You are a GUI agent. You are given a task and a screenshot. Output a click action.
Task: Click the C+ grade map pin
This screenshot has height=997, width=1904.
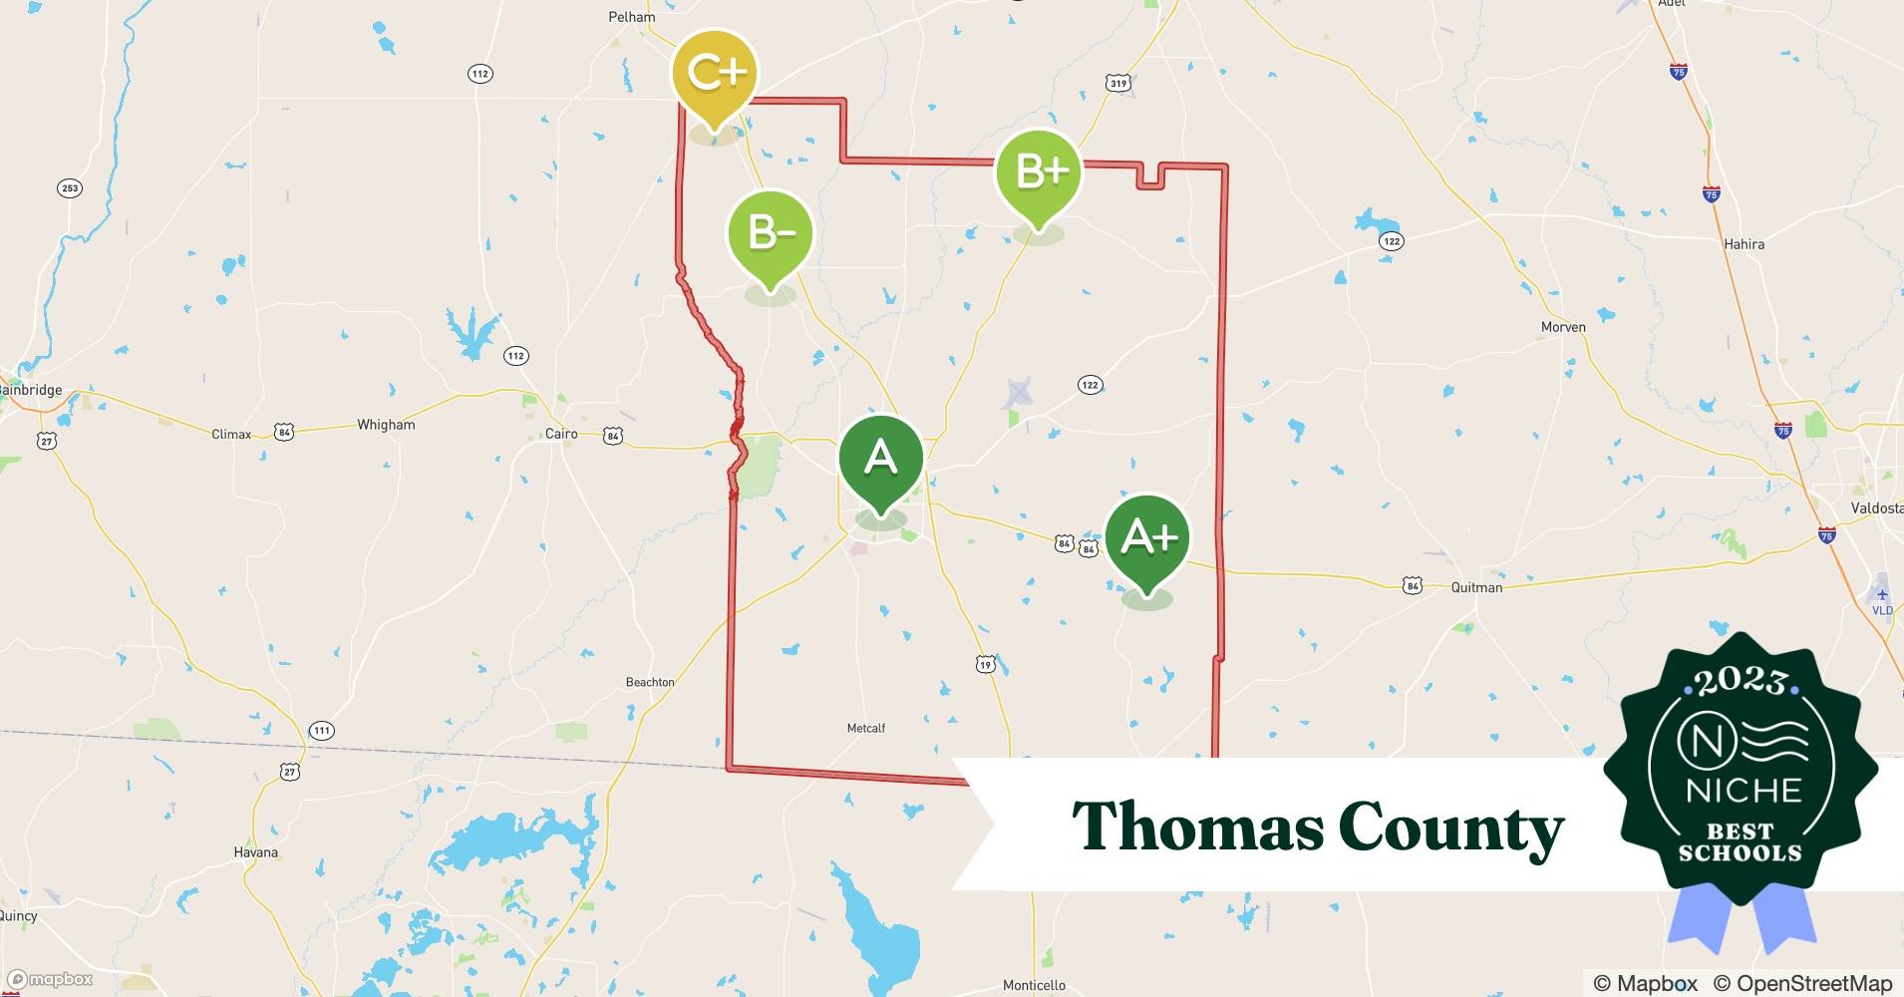coord(714,73)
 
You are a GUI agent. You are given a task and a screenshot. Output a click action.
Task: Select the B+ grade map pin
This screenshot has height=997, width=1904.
coord(1039,172)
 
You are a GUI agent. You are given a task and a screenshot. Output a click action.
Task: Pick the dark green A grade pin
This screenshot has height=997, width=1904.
coord(881,459)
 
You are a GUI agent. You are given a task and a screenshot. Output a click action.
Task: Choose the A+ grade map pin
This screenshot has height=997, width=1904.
coord(1147,538)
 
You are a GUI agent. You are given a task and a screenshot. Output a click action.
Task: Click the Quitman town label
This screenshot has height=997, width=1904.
coord(1476,587)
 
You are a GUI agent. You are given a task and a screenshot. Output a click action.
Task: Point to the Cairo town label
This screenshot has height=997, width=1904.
coord(561,434)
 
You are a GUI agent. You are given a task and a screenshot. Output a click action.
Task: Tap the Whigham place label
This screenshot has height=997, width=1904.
coord(386,425)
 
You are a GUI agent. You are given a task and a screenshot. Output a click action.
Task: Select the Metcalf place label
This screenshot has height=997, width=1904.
coord(865,729)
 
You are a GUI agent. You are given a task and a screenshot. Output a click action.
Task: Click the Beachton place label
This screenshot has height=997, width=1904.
coord(650,682)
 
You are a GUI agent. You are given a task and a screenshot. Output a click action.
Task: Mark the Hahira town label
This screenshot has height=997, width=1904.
coord(1744,244)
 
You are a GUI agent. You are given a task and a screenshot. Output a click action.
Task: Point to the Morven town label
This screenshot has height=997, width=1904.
coord(1563,327)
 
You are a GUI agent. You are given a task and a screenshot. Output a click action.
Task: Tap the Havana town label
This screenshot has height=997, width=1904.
coord(256,852)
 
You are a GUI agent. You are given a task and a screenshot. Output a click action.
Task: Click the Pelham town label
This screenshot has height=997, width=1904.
coord(632,17)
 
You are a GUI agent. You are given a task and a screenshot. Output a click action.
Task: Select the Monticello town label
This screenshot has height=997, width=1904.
coord(1034,985)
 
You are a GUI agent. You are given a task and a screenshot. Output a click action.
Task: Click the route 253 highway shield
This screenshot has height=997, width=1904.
coord(70,188)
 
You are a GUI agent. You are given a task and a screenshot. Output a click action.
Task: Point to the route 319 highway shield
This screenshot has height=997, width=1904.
coord(1118,84)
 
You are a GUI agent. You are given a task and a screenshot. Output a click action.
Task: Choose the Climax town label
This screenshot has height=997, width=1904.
coord(231,435)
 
